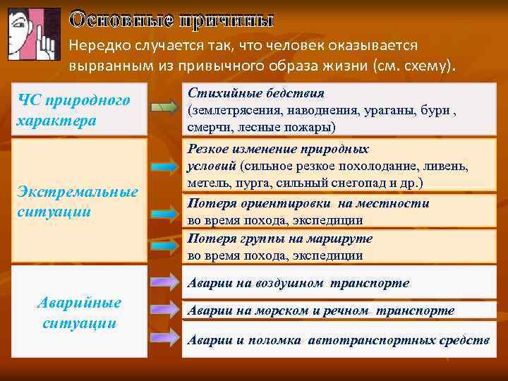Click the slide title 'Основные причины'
pyautogui.click(x=171, y=19)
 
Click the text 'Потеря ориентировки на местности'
pyautogui.click(x=308, y=203)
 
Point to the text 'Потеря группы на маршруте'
pyautogui.click(x=279, y=238)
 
